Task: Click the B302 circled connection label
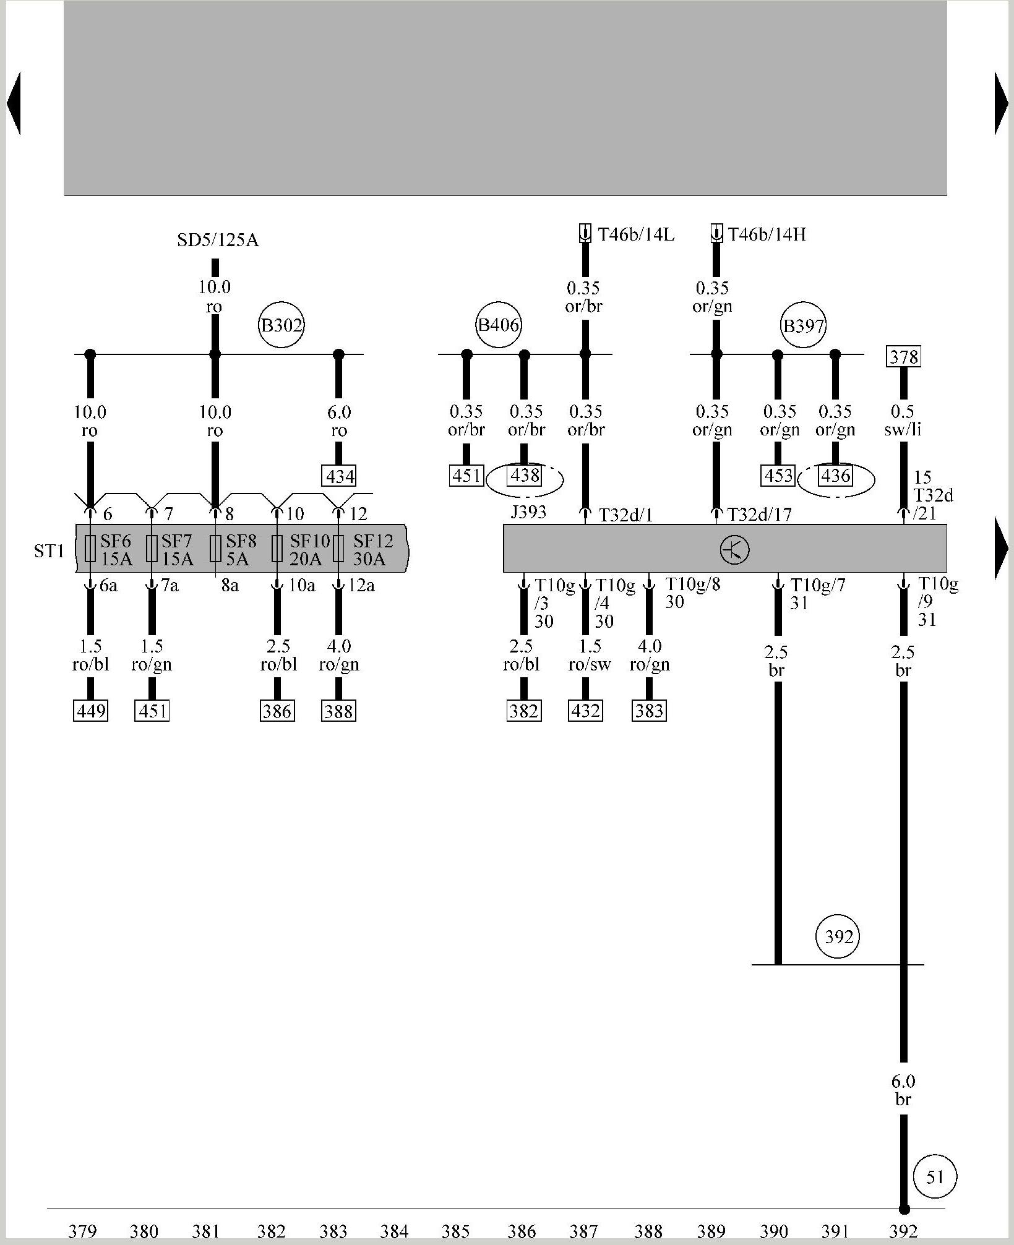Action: (281, 325)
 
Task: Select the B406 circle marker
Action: (499, 325)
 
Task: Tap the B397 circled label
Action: (804, 325)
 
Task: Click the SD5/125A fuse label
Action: (218, 240)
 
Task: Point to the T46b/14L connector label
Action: (635, 234)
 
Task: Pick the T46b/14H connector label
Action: (767, 234)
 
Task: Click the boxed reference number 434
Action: (340, 476)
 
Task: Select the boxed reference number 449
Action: (90, 711)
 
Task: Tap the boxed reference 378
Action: (903, 356)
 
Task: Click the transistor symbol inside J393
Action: (734, 549)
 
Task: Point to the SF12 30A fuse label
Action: (372, 550)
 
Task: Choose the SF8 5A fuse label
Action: (241, 550)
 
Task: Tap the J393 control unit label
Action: (528, 513)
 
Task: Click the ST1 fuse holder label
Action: (49, 550)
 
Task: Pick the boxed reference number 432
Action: (585, 711)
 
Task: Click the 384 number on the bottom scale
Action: (394, 1231)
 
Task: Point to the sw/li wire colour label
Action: (903, 429)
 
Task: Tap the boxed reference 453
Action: (778, 476)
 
